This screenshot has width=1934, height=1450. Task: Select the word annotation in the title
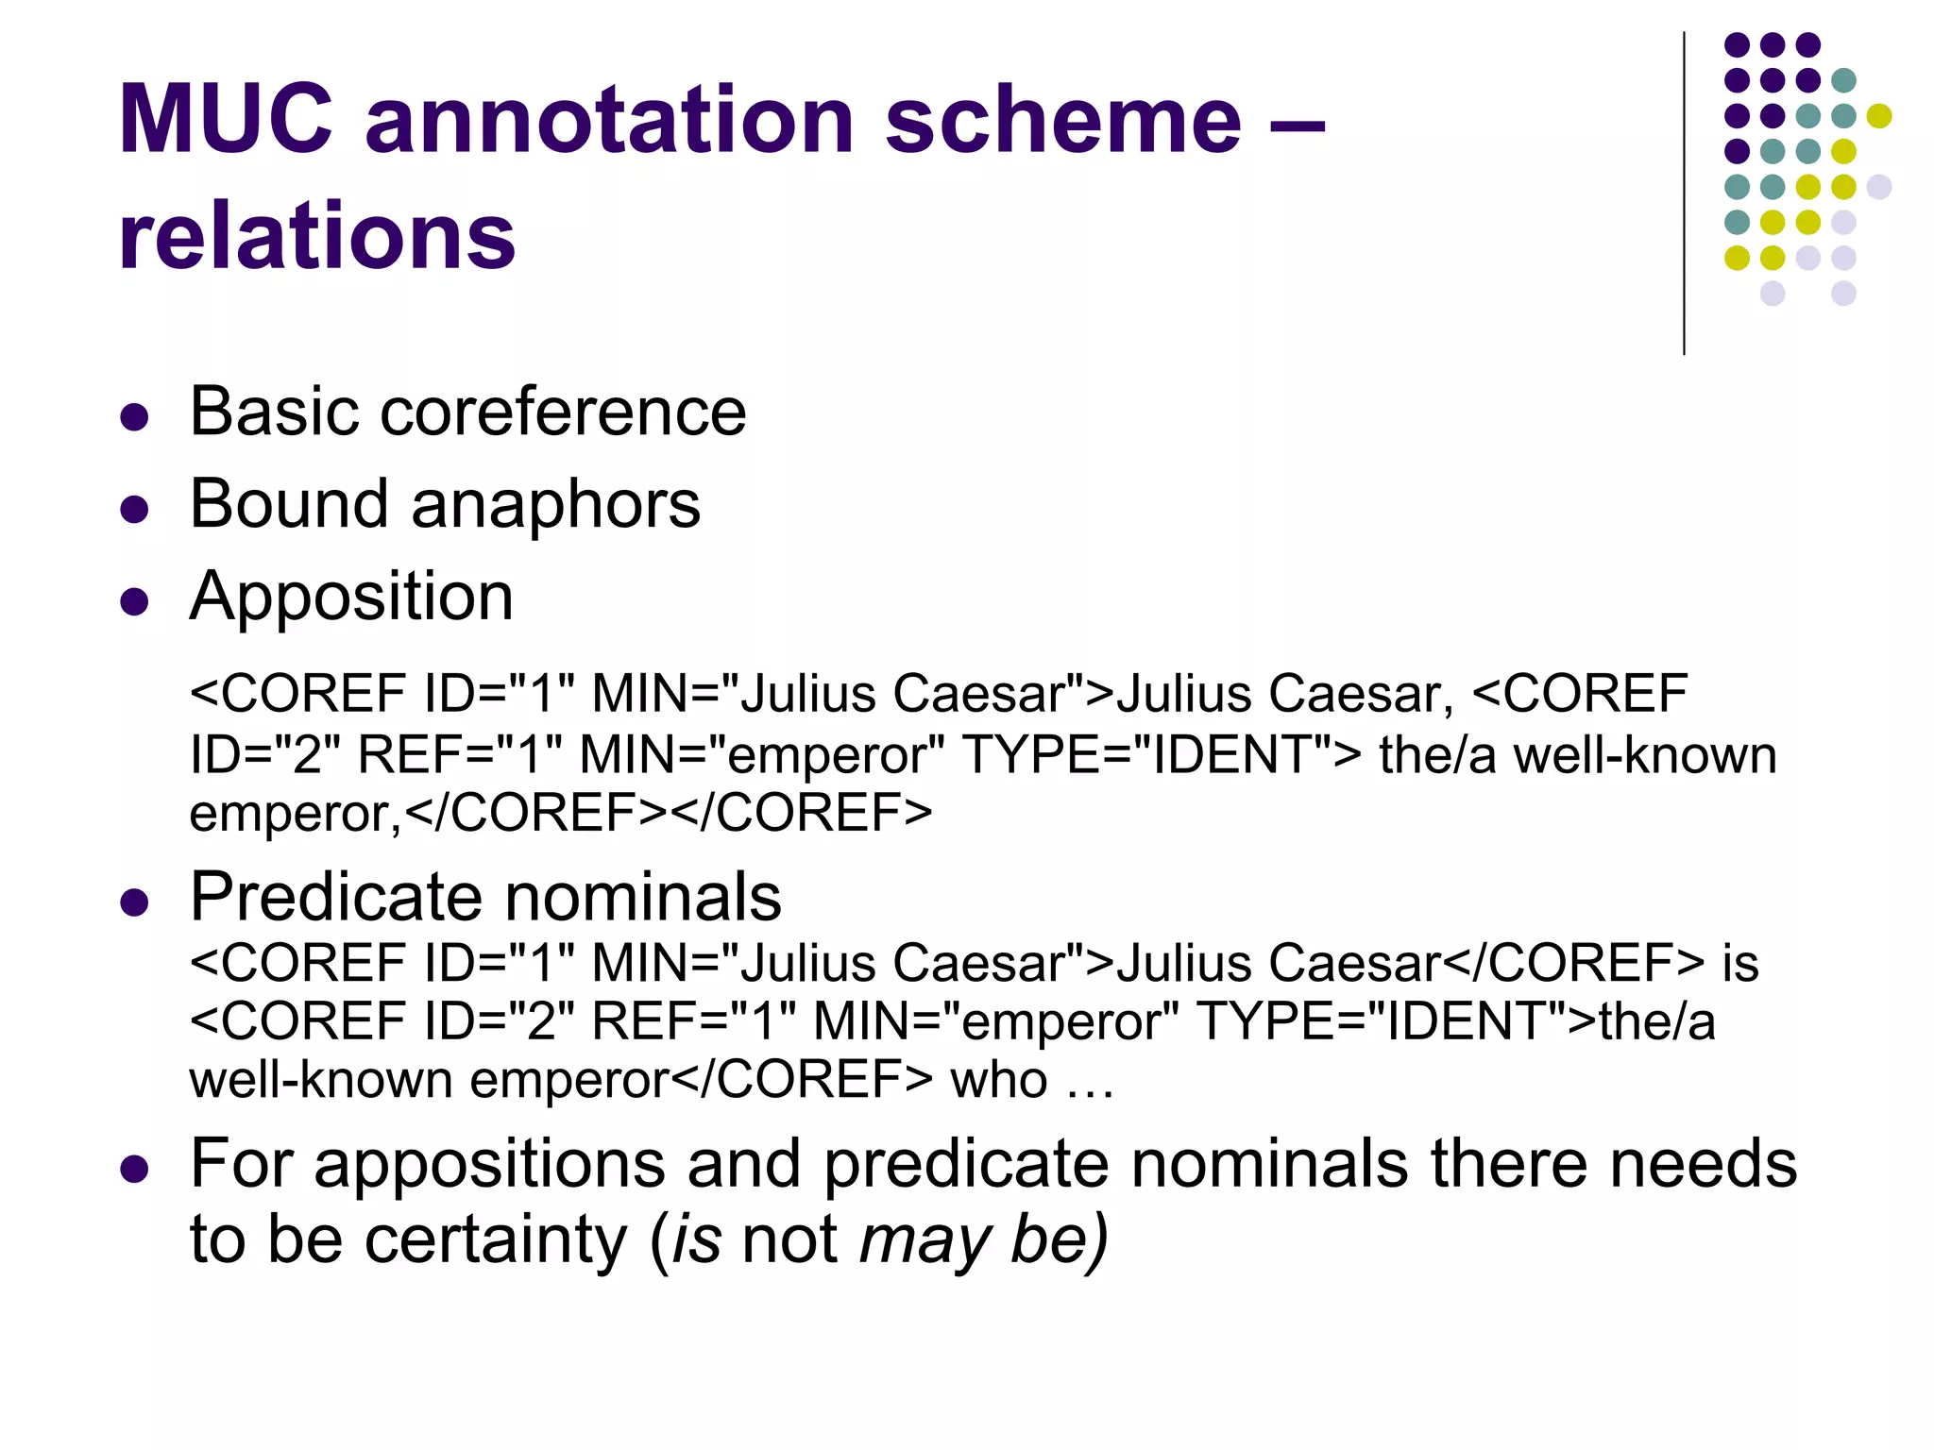[609, 120]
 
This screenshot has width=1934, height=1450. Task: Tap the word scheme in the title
[1061, 120]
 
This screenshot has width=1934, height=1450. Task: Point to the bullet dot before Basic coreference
[135, 417]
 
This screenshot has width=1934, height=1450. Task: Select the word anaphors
[556, 505]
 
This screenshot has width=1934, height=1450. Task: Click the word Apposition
[351, 598]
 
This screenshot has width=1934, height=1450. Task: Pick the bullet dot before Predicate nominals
[135, 902]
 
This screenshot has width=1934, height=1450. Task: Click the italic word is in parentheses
[697, 1239]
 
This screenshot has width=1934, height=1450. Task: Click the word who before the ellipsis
[998, 1080]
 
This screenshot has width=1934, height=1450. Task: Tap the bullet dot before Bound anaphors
[135, 510]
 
